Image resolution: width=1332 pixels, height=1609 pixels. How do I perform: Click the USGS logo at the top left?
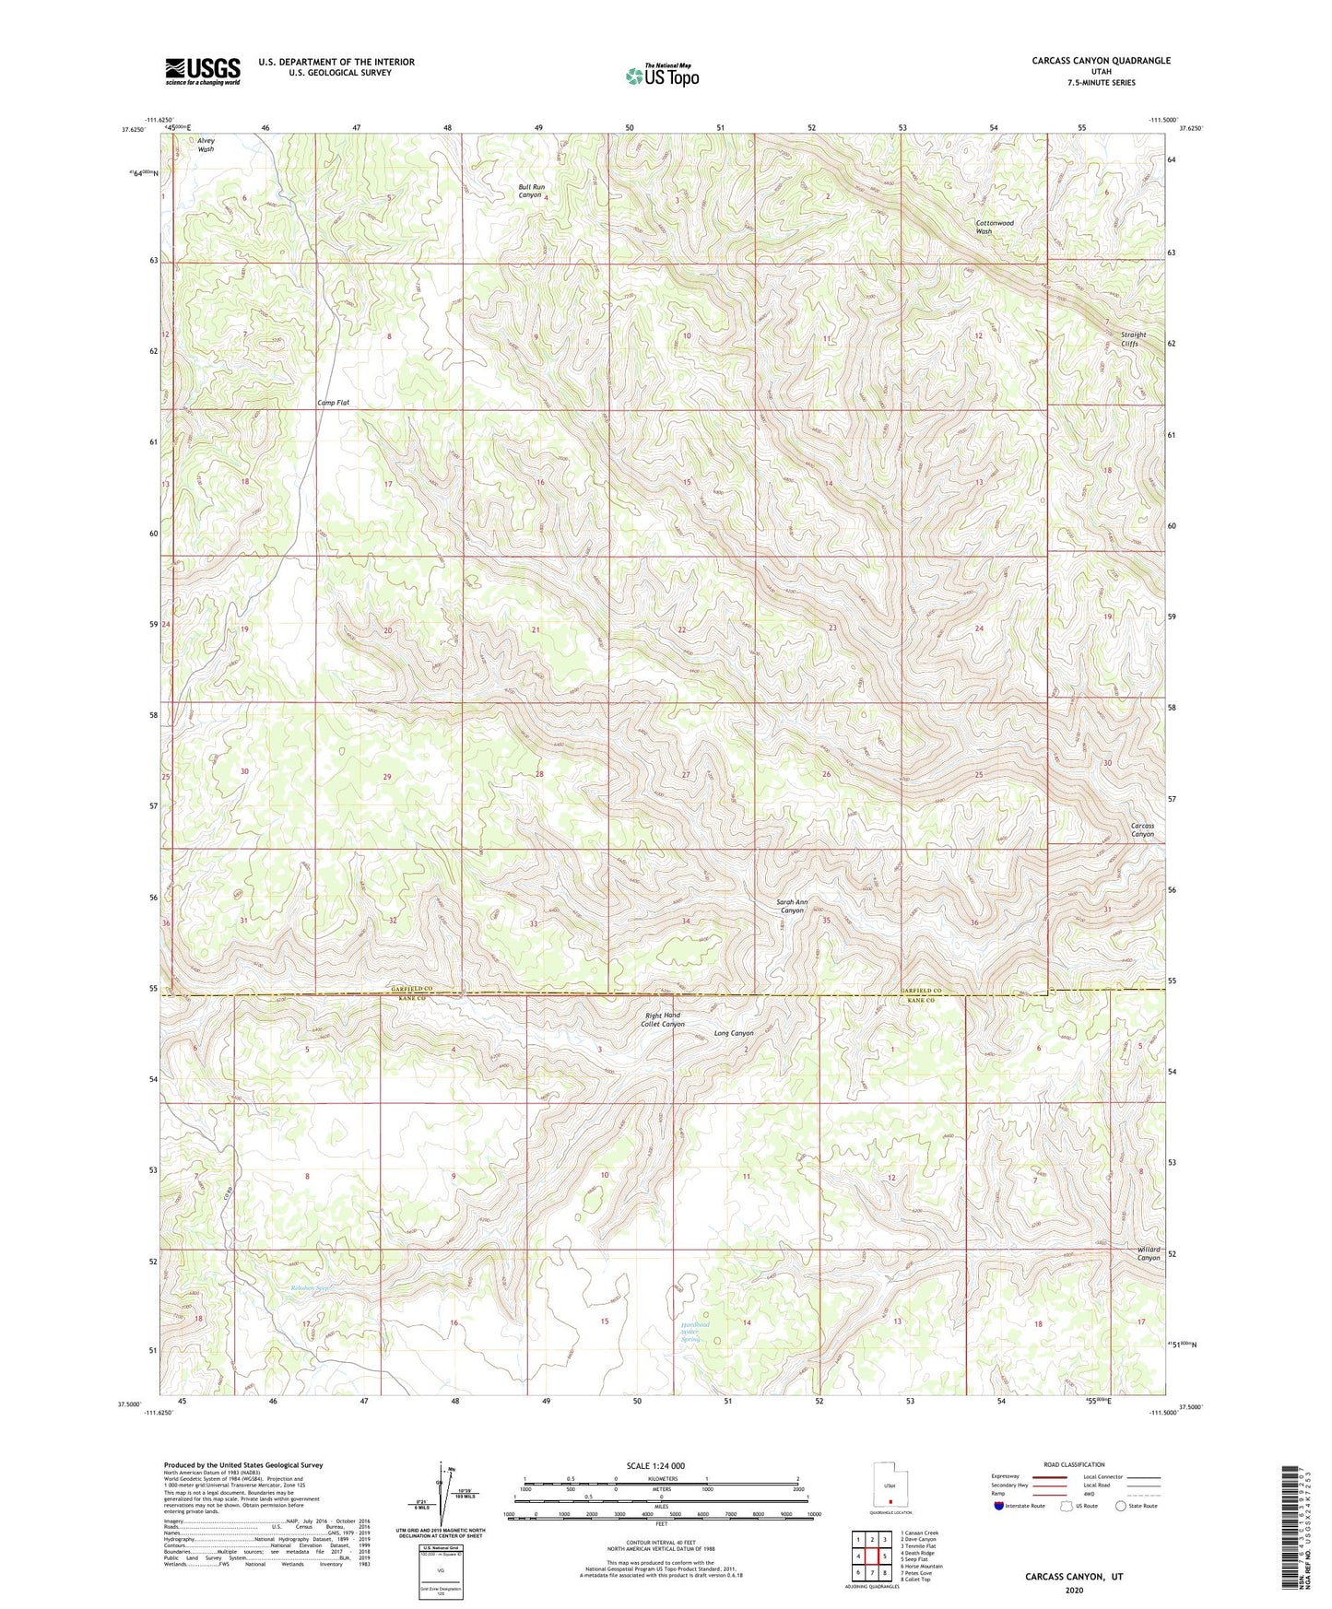click(x=203, y=70)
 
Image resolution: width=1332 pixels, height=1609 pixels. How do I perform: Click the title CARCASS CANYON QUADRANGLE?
click(x=1088, y=61)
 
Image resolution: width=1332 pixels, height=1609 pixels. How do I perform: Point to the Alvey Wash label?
click(x=206, y=145)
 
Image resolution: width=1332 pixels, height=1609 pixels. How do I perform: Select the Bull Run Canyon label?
click(x=530, y=191)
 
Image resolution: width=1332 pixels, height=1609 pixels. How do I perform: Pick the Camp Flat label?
click(x=334, y=403)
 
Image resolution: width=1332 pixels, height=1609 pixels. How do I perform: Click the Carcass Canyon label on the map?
click(x=1142, y=829)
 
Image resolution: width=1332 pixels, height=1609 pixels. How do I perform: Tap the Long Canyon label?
click(x=734, y=1033)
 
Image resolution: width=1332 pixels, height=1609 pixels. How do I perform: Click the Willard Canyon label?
click(x=1148, y=1253)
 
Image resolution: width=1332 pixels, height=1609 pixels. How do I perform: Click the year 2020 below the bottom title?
click(x=1073, y=1590)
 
